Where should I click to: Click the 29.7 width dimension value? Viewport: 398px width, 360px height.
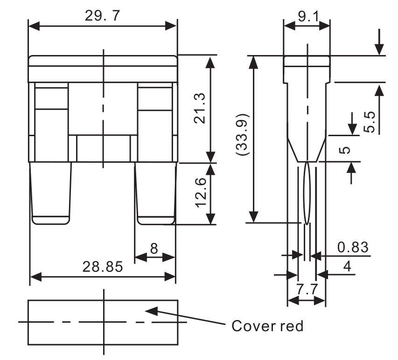coord(102,15)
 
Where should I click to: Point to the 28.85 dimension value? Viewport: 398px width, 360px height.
coord(103,267)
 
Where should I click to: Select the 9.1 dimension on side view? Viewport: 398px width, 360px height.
coord(307,17)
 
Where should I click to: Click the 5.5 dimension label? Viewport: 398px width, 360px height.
coord(370,121)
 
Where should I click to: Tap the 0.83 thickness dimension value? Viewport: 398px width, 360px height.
coord(353,247)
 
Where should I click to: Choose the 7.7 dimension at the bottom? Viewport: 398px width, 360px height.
coord(307,290)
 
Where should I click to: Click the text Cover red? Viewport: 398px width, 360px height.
coord(267,325)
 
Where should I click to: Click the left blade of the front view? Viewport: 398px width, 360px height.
coord(51,194)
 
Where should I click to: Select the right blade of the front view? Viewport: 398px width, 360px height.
coord(156,194)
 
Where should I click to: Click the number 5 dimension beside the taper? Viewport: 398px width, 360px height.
coord(346,151)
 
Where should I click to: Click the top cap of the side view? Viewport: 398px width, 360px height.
coord(307,61)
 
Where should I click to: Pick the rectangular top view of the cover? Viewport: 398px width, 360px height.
coord(103,322)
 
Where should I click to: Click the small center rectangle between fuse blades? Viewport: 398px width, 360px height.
coord(103,149)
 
